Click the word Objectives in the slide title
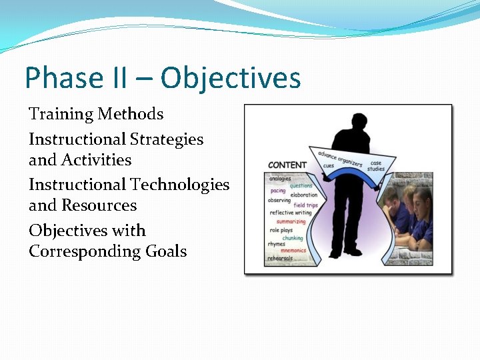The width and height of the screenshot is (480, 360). (231, 78)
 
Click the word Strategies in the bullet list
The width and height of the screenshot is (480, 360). (167, 139)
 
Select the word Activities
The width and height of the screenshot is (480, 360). (97, 160)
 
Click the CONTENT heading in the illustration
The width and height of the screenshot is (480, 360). (287, 165)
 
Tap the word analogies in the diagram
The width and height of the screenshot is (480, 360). (280, 179)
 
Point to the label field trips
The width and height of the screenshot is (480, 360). (305, 205)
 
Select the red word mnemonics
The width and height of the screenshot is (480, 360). (293, 251)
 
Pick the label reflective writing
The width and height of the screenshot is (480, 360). (290, 213)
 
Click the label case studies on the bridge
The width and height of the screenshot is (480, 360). (376, 166)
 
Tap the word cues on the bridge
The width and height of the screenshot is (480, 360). (329, 166)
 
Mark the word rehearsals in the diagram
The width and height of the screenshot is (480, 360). (280, 258)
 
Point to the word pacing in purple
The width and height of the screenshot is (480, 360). (277, 191)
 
